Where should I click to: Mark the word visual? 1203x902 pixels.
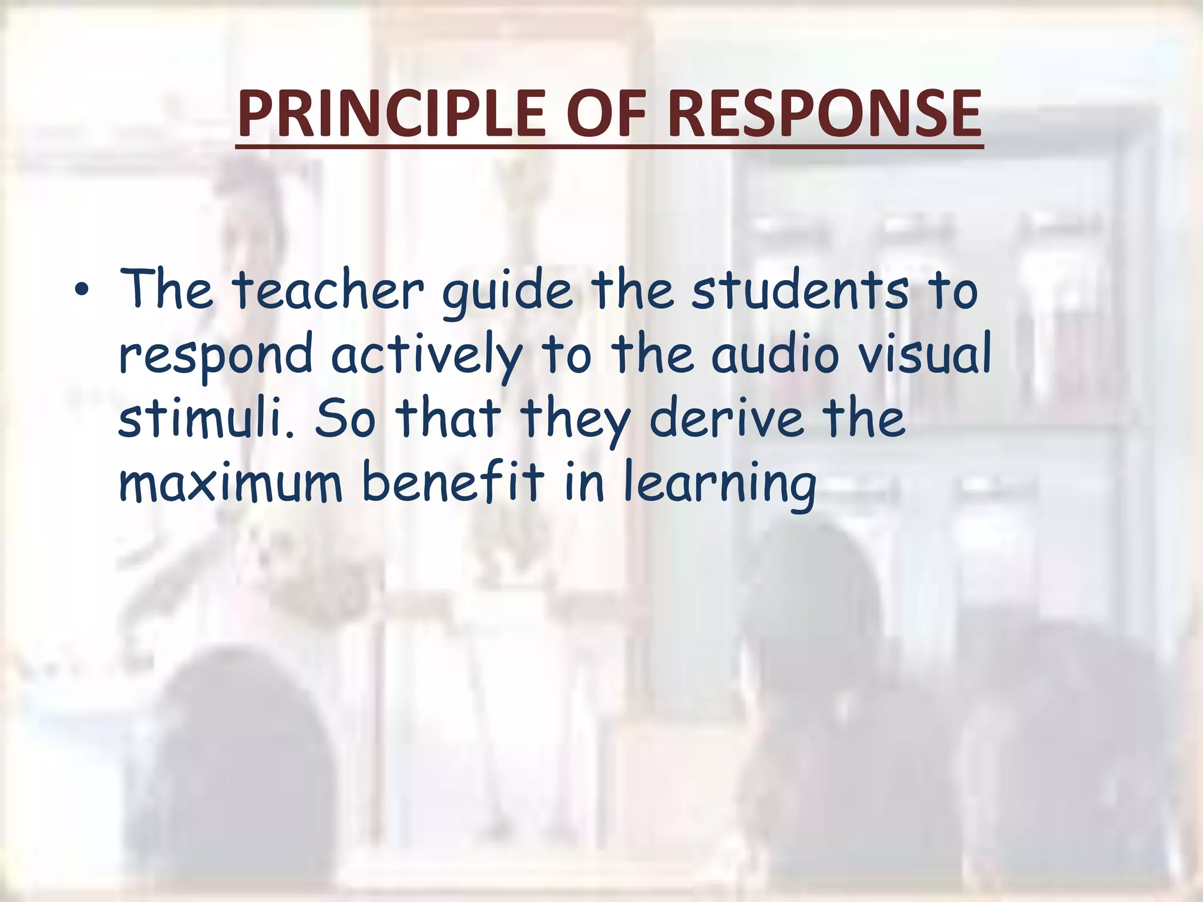(x=922, y=354)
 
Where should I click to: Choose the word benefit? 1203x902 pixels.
(x=453, y=482)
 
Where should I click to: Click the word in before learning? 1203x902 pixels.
(x=584, y=482)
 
